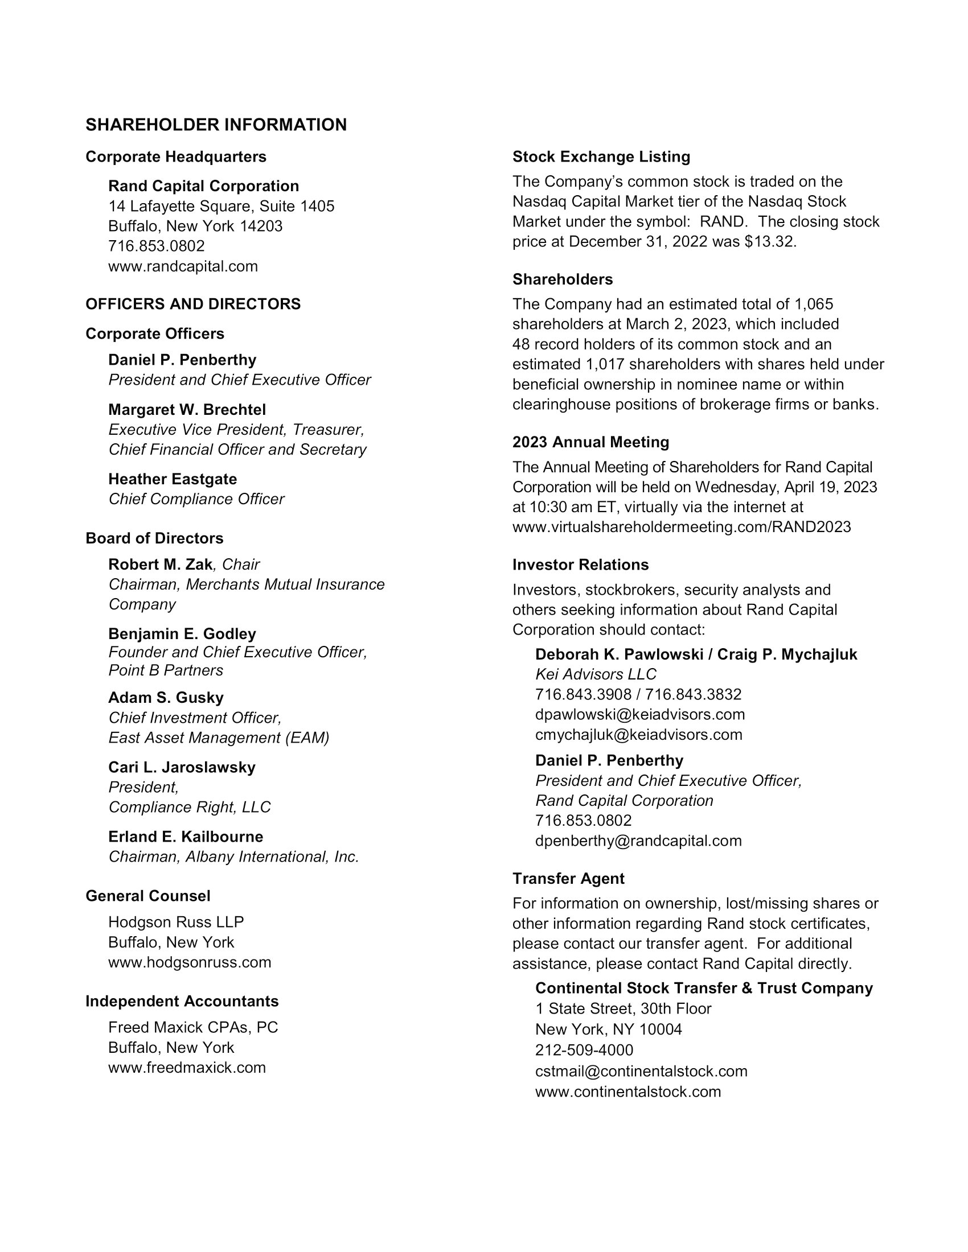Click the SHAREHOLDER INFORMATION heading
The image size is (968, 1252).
pyautogui.click(x=216, y=125)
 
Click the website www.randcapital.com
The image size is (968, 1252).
pyautogui.click(x=183, y=266)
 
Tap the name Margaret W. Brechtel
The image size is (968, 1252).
pyautogui.click(x=187, y=410)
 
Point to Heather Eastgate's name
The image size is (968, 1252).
pyautogui.click(x=172, y=479)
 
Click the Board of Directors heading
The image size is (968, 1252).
pyautogui.click(x=154, y=538)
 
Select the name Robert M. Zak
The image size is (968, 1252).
pyautogui.click(x=160, y=565)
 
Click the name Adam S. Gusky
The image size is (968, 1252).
pyautogui.click(x=166, y=698)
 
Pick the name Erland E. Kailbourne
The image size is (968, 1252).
pyautogui.click(x=186, y=837)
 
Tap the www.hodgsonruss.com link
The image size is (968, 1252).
pyautogui.click(x=189, y=962)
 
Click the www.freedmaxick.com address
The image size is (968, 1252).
pyautogui.click(x=187, y=1068)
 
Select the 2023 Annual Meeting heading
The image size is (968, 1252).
pyautogui.click(x=590, y=443)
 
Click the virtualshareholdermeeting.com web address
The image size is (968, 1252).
pyautogui.click(x=681, y=528)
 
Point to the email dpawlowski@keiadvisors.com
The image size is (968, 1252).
pyautogui.click(x=640, y=715)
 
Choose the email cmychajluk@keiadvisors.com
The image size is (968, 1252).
pyautogui.click(x=638, y=735)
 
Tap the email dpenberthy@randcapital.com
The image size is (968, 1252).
pyautogui.click(x=638, y=841)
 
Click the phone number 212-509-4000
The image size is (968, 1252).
pyautogui.click(x=584, y=1050)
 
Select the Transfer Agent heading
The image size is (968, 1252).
pyautogui.click(x=568, y=879)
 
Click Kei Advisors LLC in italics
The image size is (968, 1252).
pyautogui.click(x=595, y=675)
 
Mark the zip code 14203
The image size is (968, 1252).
pyautogui.click(x=261, y=226)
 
